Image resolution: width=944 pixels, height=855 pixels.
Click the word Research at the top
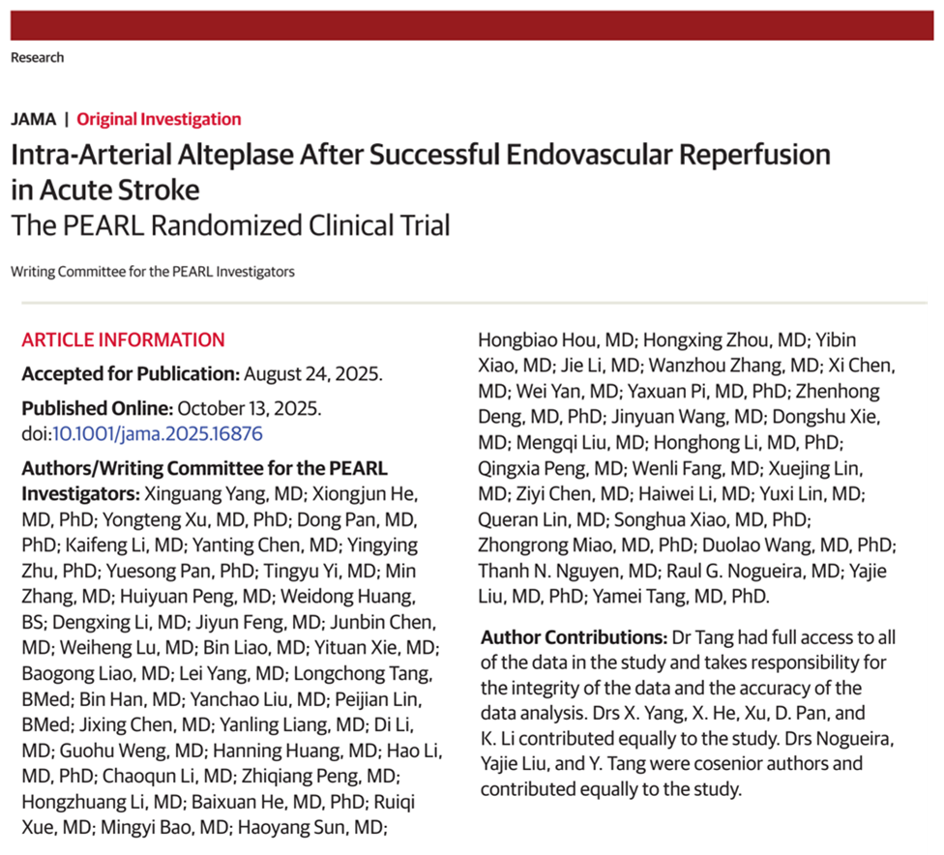tap(37, 57)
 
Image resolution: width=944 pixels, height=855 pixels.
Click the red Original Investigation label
tap(159, 119)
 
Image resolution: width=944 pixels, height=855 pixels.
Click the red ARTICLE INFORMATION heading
tap(123, 339)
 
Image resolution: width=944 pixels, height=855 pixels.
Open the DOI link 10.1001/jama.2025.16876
tap(157, 434)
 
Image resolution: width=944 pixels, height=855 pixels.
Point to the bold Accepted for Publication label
tap(130, 374)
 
